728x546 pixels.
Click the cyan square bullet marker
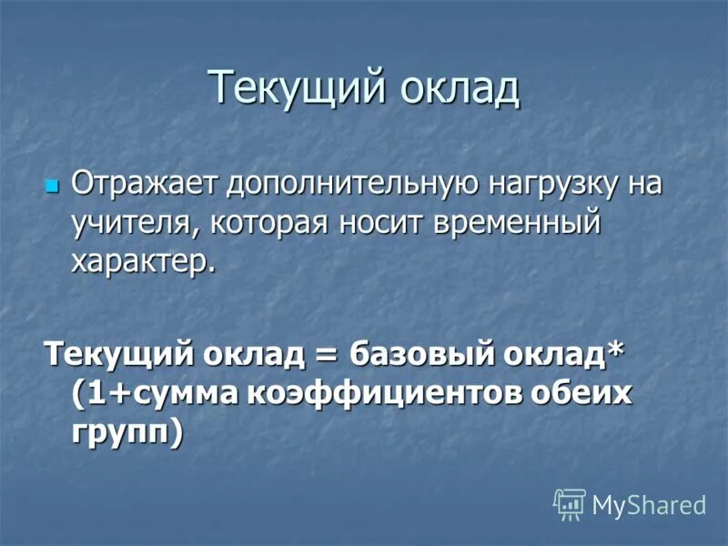pos(52,186)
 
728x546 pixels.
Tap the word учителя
pos(132,224)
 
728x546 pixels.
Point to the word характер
pos(143,262)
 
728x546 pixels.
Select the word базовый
pos(409,353)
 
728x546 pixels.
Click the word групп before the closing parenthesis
pos(120,432)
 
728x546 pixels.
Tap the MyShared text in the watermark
pos(649,504)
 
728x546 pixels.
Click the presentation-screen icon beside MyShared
pos(570,503)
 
